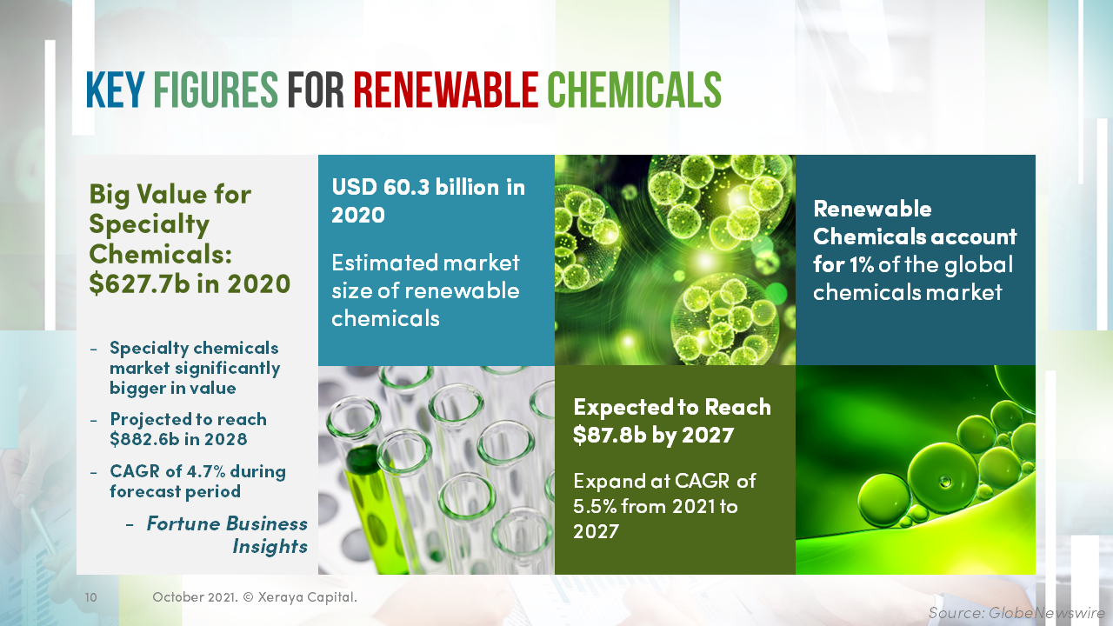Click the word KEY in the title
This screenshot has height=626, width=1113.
click(x=115, y=90)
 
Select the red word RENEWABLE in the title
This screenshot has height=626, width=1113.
click(x=446, y=90)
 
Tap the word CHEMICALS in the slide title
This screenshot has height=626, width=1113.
click(x=634, y=90)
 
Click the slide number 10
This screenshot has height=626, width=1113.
click(x=90, y=598)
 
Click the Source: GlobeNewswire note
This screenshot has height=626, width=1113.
click(x=1016, y=613)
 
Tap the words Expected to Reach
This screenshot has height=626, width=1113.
click(x=672, y=407)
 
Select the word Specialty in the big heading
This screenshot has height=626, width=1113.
click(x=149, y=224)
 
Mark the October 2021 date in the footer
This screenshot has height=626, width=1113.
click(x=191, y=597)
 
